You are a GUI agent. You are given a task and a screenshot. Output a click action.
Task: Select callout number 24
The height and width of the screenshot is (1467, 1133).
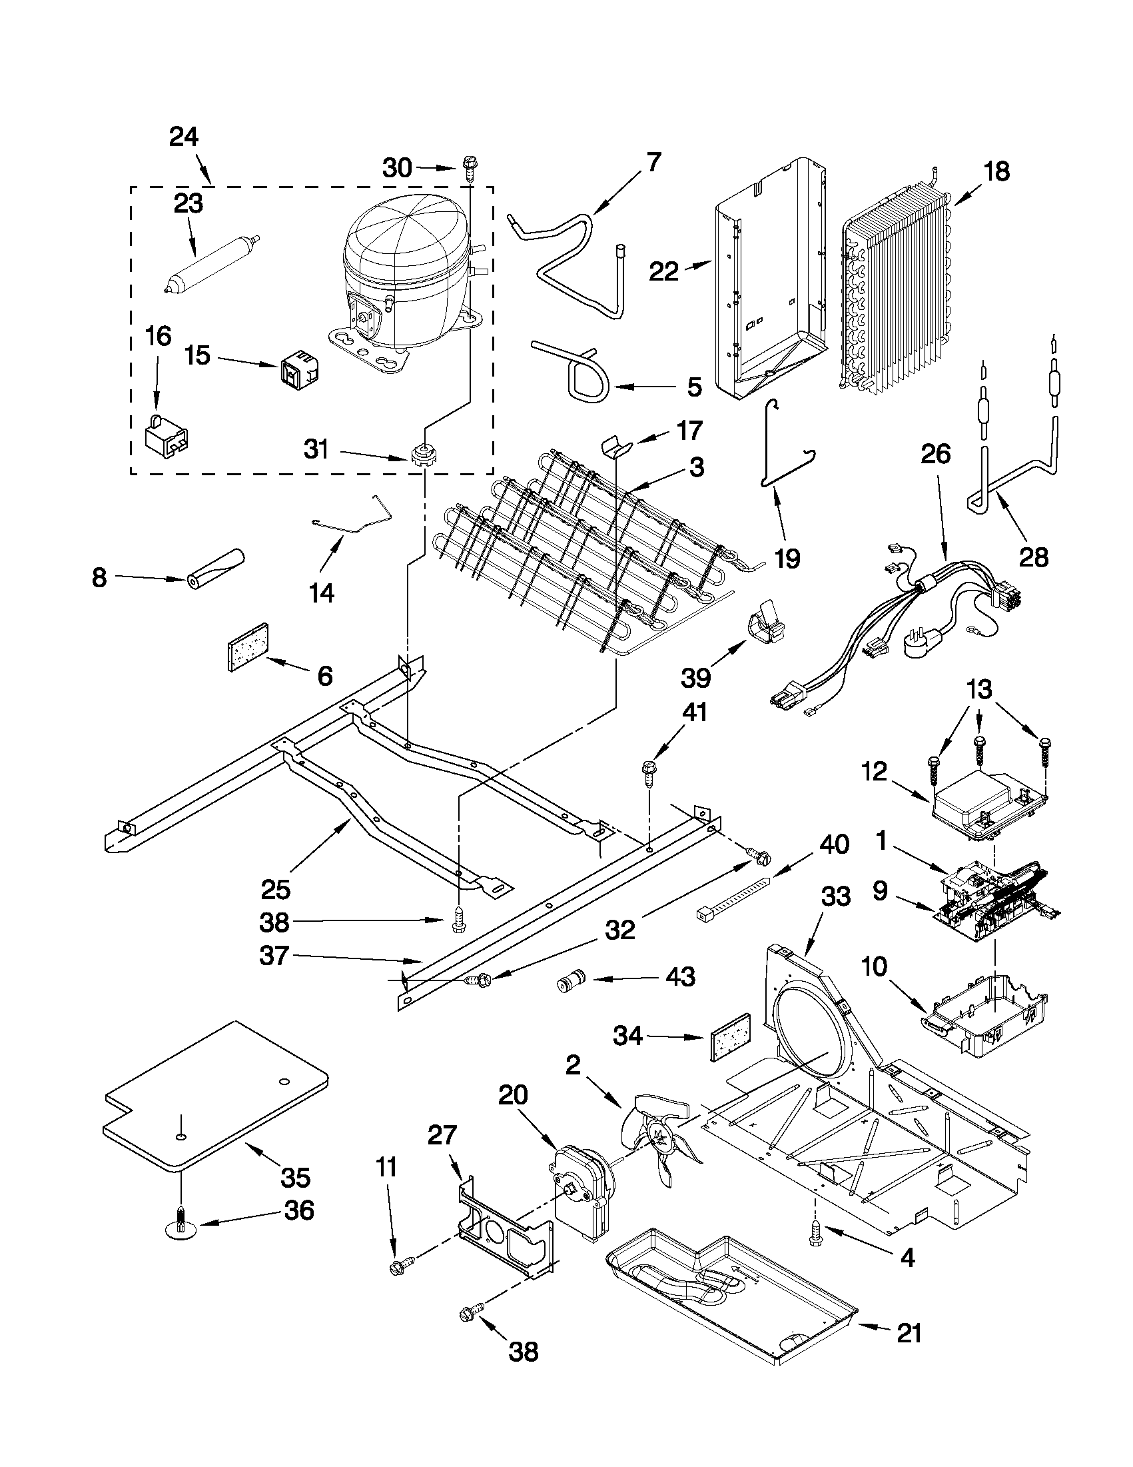point(183,137)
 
